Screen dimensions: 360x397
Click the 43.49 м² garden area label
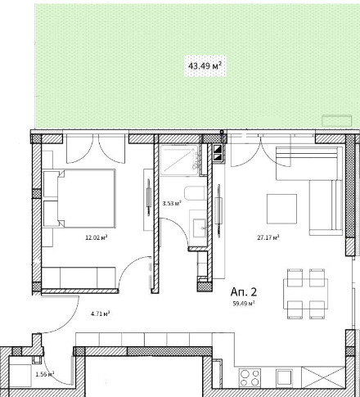[205, 66]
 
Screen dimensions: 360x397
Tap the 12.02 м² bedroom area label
[97, 237]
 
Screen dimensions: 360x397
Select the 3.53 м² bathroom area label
[172, 203]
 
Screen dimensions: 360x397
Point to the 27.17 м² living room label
[268, 237]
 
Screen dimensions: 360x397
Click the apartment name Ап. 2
[244, 292]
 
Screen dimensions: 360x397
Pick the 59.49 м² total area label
[244, 304]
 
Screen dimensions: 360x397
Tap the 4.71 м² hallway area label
[101, 314]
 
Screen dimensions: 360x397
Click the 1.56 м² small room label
[45, 374]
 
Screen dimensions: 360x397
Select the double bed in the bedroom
[79, 198]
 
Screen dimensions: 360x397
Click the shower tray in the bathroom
[179, 160]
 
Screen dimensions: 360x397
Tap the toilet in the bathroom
[195, 193]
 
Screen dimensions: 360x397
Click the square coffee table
[281, 209]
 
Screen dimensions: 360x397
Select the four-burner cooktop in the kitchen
[250, 377]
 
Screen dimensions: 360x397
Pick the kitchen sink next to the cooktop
[284, 378]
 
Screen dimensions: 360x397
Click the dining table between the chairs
[306, 294]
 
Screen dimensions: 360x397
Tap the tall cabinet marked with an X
[323, 377]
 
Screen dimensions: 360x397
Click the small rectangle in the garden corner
[337, 121]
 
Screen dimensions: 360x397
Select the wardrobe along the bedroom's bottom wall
[79, 277]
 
